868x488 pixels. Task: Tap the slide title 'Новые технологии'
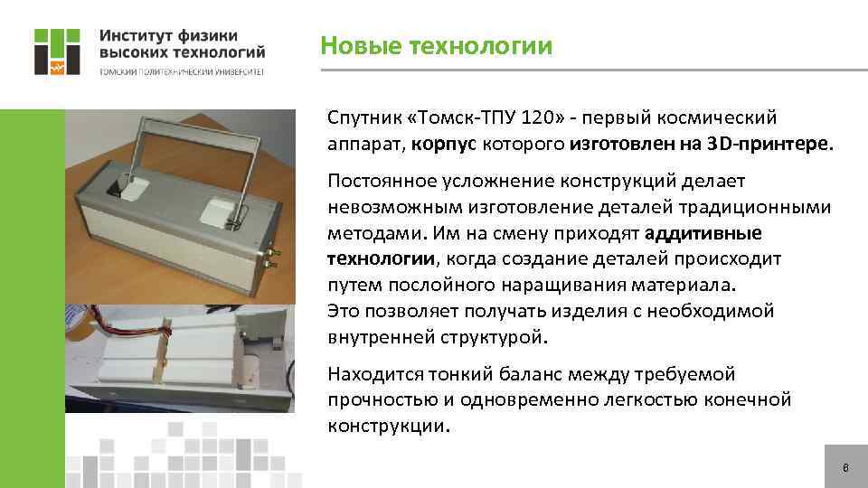pyautogui.click(x=437, y=45)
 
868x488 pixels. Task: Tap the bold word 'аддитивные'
pyautogui.click(x=703, y=233)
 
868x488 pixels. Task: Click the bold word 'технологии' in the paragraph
pyautogui.click(x=381, y=259)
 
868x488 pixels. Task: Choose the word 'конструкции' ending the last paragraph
pyautogui.click(x=387, y=426)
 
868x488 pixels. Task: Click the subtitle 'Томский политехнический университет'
pyautogui.click(x=181, y=72)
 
